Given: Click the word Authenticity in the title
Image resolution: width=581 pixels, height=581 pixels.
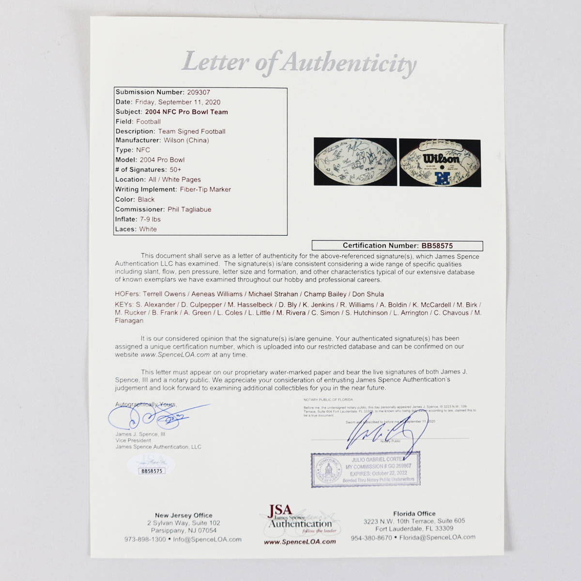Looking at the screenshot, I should point(349,63).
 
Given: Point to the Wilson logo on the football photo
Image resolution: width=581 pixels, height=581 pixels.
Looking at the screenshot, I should point(441,158).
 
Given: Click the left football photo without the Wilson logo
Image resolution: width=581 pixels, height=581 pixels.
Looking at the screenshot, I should point(355,162).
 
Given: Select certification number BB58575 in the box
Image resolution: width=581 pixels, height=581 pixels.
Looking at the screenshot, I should point(437,245).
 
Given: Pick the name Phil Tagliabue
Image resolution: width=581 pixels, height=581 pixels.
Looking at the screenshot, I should point(189,209).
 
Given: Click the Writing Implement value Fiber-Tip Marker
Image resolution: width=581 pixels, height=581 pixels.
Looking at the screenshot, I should point(205,189).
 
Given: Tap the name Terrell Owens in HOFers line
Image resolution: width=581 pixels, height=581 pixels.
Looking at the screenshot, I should point(164,294).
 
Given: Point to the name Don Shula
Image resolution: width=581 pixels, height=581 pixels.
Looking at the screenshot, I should point(368,294).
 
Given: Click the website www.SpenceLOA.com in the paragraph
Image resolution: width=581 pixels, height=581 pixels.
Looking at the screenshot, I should point(175,354).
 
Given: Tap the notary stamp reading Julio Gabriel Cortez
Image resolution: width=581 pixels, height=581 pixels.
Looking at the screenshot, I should point(366,468).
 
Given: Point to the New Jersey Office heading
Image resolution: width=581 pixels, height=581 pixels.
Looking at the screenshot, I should point(183,515).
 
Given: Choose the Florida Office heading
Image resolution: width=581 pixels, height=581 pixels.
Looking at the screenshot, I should point(414,514).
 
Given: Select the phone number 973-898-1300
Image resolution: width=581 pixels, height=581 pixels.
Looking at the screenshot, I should point(145,539).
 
